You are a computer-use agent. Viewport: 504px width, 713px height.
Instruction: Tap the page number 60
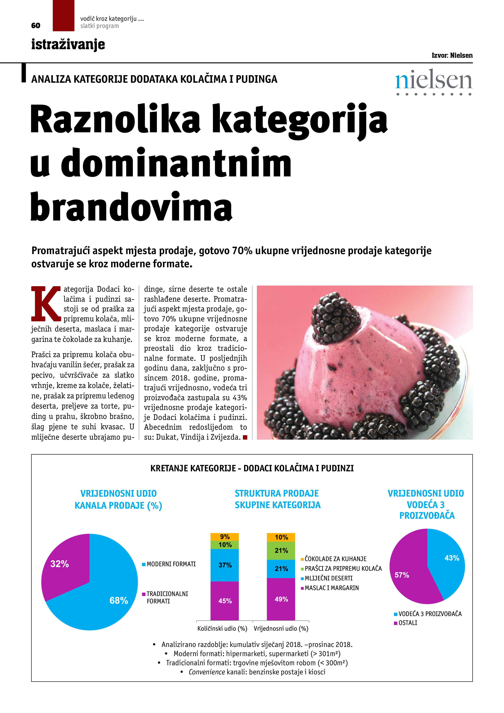(36, 25)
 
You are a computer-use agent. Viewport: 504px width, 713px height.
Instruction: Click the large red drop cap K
(46, 303)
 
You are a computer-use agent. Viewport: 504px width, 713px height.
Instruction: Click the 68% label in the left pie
(119, 600)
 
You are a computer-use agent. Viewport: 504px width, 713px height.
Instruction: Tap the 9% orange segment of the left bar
(225, 537)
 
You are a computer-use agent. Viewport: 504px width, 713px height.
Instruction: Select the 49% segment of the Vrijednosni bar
(281, 599)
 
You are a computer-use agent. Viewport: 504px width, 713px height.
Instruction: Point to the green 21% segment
(281, 550)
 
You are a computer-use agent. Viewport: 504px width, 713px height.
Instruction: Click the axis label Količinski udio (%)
(222, 628)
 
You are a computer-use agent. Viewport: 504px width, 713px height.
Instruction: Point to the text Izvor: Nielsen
(452, 55)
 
